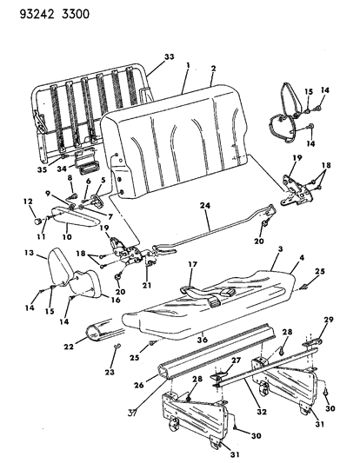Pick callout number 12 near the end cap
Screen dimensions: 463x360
(x=27, y=202)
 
